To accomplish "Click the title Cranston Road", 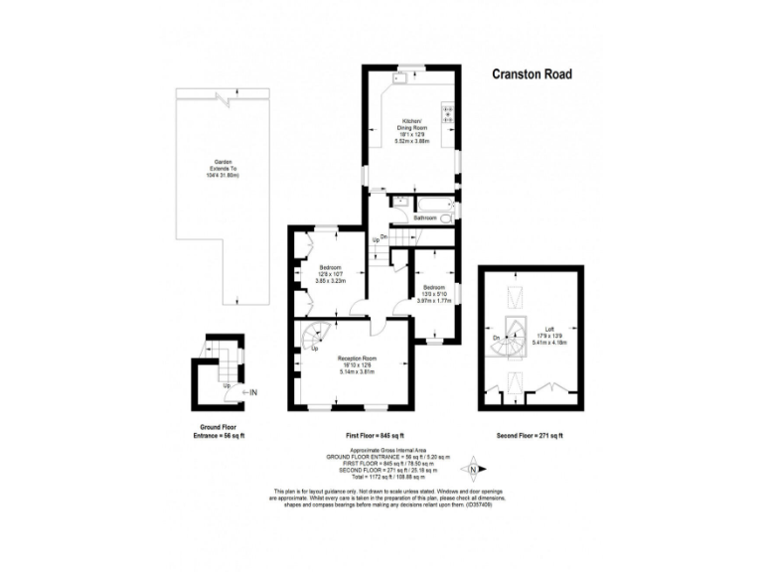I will [x=533, y=74].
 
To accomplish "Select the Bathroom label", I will [x=411, y=217].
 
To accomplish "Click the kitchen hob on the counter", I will [x=449, y=116].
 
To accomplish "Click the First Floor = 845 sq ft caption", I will [x=368, y=436].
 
